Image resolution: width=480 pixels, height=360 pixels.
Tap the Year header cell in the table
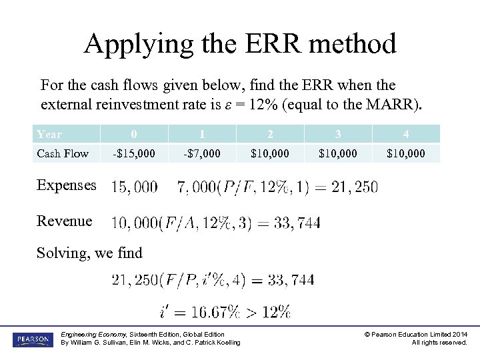click(49, 134)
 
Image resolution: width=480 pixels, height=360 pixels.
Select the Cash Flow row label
click(63, 153)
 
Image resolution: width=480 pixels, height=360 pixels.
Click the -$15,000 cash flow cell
click(134, 153)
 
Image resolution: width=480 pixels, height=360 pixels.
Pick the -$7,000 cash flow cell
click(202, 153)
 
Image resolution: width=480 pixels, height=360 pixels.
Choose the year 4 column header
click(406, 134)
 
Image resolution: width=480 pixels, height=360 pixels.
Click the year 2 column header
click(270, 134)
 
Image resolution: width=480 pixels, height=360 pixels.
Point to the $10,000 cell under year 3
click(338, 153)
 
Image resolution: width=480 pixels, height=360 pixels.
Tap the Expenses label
click(67, 185)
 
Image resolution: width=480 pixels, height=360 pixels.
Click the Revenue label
click(65, 221)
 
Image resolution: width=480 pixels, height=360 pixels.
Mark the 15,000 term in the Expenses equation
click(135, 187)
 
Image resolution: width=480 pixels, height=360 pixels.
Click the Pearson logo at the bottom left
click(31, 339)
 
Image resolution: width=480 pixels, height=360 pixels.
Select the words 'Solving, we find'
click(89, 253)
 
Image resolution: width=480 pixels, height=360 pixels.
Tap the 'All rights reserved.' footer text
click(439, 343)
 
